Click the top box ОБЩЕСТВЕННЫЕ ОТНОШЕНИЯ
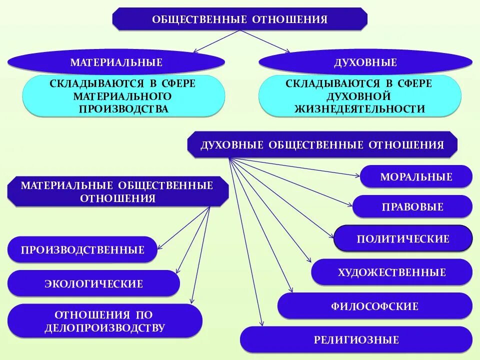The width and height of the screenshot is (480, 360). click(x=240, y=19)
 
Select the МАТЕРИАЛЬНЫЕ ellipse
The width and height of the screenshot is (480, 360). click(x=116, y=62)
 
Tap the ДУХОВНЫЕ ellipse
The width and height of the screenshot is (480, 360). click(x=365, y=62)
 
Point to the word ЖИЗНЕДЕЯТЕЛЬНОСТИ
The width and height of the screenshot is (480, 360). click(x=359, y=108)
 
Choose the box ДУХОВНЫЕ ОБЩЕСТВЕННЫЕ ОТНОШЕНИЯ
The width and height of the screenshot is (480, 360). click(x=322, y=145)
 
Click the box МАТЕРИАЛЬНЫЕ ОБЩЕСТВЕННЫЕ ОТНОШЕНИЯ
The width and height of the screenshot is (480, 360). click(x=117, y=192)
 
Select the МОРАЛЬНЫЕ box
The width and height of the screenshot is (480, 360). click(x=416, y=176)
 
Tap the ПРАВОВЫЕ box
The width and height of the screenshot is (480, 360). click(x=412, y=206)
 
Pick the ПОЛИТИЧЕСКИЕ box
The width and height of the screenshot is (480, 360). click(x=403, y=238)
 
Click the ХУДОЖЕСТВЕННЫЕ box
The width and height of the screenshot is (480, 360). click(x=391, y=272)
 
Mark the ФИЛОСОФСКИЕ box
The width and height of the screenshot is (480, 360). click(x=374, y=306)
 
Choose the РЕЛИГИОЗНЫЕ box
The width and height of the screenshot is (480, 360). click(x=356, y=340)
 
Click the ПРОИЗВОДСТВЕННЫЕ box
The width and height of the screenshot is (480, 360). click(x=82, y=249)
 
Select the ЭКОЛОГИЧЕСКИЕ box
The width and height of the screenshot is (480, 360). click(x=93, y=283)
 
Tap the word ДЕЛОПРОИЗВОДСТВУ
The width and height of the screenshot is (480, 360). click(x=104, y=328)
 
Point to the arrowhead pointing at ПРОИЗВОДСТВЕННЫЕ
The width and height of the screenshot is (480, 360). click(x=159, y=247)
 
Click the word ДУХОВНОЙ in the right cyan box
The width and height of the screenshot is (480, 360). click(x=359, y=96)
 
